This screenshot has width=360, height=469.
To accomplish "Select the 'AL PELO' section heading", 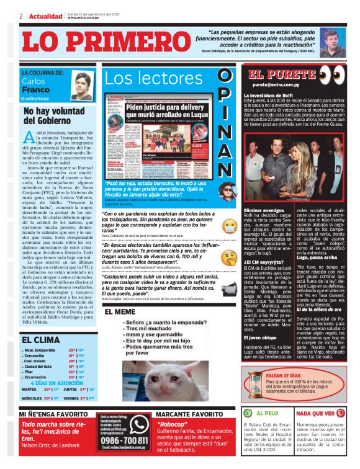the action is [x=268, y=413].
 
